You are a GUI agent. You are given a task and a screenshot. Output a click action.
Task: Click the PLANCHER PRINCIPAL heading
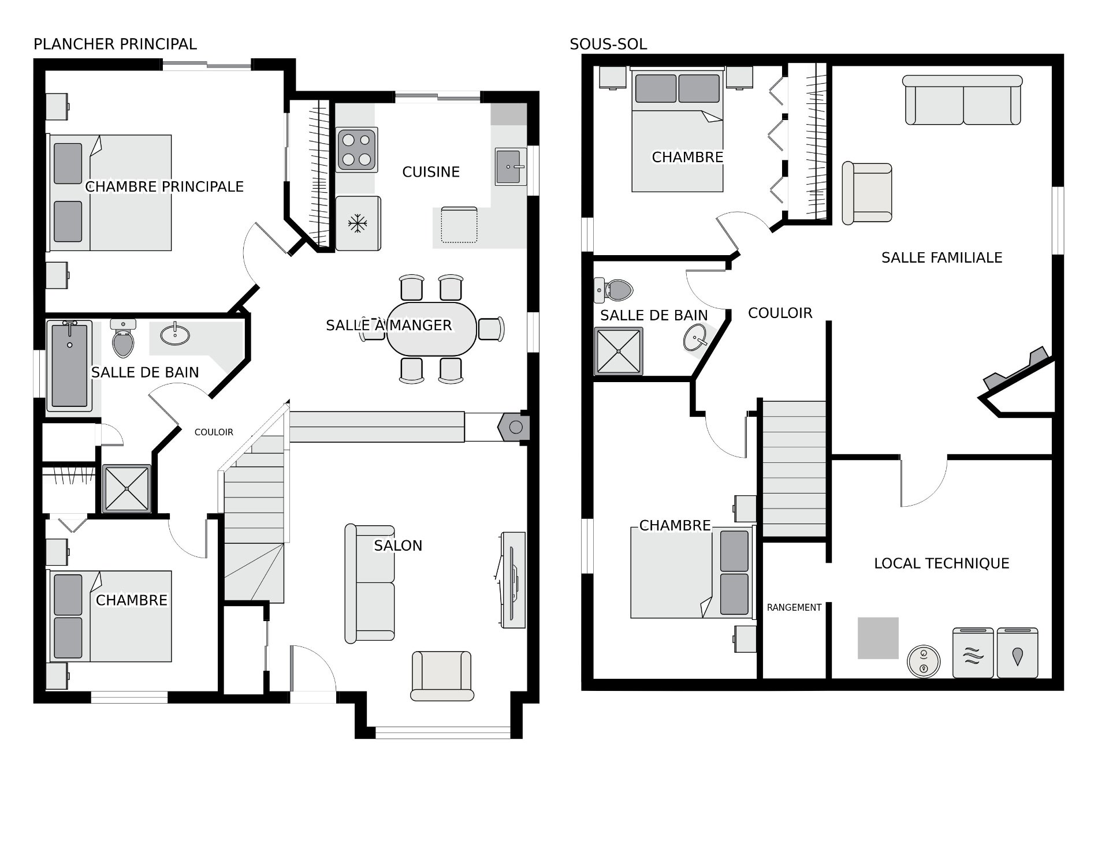pyautogui.click(x=115, y=44)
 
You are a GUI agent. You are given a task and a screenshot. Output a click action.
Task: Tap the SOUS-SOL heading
pyautogui.click(x=608, y=44)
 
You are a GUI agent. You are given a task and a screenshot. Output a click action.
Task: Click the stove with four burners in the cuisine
pyautogui.click(x=358, y=149)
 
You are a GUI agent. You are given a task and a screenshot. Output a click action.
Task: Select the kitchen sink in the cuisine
pyautogui.click(x=511, y=166)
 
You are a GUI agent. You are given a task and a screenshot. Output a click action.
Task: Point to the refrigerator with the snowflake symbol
pyautogui.click(x=358, y=223)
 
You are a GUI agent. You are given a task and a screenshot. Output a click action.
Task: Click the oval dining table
pyautogui.click(x=431, y=329)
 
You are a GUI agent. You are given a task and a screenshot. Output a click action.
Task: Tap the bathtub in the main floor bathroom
pyautogui.click(x=69, y=365)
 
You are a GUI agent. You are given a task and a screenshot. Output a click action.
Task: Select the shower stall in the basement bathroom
pyautogui.click(x=618, y=351)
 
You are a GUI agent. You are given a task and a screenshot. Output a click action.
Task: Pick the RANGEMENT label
pyautogui.click(x=794, y=607)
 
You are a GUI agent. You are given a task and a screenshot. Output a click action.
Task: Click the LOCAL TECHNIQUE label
pyautogui.click(x=941, y=563)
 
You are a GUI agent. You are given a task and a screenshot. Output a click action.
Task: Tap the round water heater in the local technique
pyautogui.click(x=924, y=660)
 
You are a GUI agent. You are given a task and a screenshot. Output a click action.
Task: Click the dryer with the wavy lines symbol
pyautogui.click(x=973, y=653)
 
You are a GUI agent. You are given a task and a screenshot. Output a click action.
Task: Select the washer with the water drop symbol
pyautogui.click(x=1018, y=653)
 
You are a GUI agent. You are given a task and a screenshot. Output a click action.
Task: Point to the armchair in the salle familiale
pyautogui.click(x=867, y=193)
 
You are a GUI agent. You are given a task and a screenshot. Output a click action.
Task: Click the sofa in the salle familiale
pyautogui.click(x=963, y=100)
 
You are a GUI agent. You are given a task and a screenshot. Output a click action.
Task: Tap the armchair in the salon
pyautogui.click(x=442, y=676)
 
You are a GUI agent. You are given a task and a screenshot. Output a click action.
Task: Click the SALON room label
pyautogui.click(x=398, y=545)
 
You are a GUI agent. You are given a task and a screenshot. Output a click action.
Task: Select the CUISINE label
pyautogui.click(x=431, y=172)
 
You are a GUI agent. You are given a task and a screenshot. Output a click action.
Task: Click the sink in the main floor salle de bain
pyautogui.click(x=174, y=334)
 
